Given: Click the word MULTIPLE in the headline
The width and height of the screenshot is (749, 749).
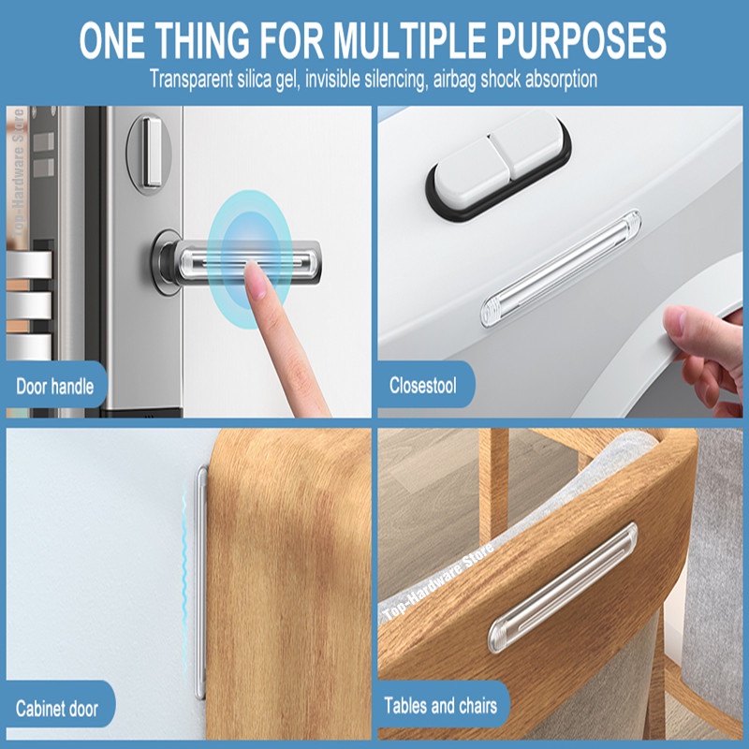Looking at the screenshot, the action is point(409,40).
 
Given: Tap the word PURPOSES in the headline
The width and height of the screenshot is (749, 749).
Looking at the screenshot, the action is point(580,40).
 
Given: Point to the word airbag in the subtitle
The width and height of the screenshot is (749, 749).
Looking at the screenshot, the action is point(454,80).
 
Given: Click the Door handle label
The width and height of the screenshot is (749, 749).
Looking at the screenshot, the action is point(55,387).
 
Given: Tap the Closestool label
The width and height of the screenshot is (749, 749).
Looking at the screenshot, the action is point(423,386).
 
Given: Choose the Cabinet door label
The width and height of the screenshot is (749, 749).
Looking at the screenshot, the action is point(57,709).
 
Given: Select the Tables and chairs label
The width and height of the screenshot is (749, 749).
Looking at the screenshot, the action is point(440,706).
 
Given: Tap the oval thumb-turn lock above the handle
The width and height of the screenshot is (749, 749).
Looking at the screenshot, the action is point(149,153).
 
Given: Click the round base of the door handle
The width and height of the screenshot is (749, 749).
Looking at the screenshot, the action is point(167,262).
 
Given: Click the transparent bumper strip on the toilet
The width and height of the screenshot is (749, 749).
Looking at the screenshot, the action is point(561,269).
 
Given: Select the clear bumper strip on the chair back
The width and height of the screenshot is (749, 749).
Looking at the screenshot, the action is point(563,588).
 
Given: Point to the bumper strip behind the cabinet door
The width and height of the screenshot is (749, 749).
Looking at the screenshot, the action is point(201,581).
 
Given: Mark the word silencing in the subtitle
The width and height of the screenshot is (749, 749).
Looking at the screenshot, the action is point(395,80).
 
